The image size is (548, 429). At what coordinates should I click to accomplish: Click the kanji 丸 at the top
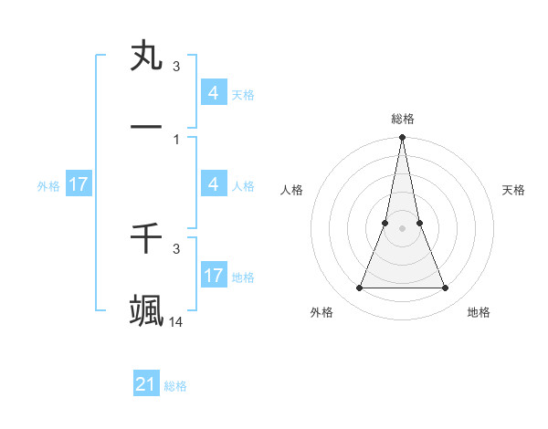(x=147, y=57)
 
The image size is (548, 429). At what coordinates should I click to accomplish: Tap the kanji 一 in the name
(x=147, y=124)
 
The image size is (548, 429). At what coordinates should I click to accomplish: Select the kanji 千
(x=147, y=239)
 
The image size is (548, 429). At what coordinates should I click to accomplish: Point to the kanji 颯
(x=147, y=310)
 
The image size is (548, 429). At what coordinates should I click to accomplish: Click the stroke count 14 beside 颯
(x=176, y=321)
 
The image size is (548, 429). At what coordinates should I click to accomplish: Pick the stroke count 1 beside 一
(x=176, y=139)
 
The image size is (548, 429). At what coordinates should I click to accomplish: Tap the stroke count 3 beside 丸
(x=176, y=67)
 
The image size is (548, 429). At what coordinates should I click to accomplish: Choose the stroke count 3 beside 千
(x=176, y=248)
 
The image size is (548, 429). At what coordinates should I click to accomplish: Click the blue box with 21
(x=146, y=384)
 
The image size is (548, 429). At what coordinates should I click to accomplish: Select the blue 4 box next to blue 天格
(x=213, y=93)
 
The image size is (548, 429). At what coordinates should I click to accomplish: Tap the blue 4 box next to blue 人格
(x=213, y=184)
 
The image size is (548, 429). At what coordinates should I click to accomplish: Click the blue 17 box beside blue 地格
(x=213, y=276)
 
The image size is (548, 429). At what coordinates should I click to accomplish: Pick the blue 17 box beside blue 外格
(x=79, y=184)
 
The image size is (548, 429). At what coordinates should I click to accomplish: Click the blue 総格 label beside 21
(x=175, y=386)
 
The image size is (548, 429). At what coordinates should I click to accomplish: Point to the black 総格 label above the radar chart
(x=403, y=119)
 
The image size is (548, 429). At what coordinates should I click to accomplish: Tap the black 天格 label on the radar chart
(x=514, y=190)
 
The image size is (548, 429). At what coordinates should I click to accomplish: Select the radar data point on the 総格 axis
(x=402, y=138)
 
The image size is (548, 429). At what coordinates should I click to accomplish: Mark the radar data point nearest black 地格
(x=446, y=288)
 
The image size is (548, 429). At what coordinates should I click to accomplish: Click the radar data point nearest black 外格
(x=359, y=288)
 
